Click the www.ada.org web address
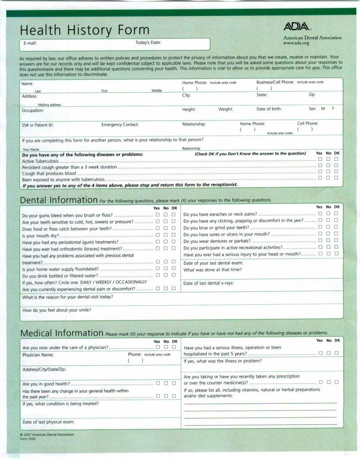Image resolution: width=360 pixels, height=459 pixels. point(296,43)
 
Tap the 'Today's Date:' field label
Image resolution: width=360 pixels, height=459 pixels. point(148,43)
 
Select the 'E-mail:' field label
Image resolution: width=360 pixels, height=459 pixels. point(30,43)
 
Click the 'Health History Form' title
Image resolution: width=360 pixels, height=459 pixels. point(84,30)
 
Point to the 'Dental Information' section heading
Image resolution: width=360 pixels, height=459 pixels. point(59,200)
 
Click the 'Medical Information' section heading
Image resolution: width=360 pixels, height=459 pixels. point(62,333)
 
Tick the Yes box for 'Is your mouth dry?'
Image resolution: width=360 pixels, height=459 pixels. point(158,235)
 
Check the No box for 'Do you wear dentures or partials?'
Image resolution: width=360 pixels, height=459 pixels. point(329,241)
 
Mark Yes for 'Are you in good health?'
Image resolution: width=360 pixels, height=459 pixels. point(158,383)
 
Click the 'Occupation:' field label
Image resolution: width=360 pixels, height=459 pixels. point(33,110)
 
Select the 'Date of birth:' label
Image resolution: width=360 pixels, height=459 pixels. point(269,109)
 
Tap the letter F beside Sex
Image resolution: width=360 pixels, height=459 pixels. point(333,109)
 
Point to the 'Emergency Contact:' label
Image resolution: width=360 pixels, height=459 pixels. point(120,124)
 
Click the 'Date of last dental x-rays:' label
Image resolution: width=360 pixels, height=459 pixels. point(208,284)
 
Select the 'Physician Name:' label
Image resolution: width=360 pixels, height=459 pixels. point(38,355)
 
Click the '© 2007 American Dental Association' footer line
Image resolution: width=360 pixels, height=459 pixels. point(47,435)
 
